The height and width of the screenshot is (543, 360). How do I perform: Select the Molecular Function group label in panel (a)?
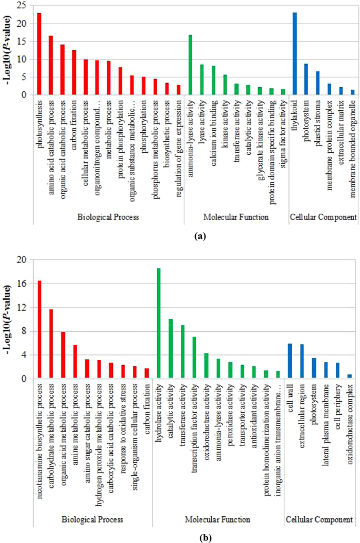click(236, 216)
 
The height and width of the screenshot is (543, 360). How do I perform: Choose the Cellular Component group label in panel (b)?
click(319, 519)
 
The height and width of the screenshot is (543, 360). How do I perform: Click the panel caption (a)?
click(200, 237)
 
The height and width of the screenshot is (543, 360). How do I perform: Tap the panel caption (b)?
click(199, 537)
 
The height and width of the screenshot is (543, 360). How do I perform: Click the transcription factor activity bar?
click(194, 357)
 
